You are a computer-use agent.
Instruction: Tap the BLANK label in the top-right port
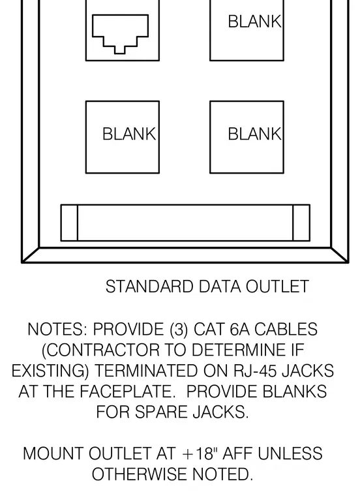[255, 22]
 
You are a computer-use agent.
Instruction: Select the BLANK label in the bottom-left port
[129, 134]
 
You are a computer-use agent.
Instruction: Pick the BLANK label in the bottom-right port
[255, 134]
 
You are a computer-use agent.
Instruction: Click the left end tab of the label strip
[69, 223]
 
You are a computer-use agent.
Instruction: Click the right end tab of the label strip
[301, 223]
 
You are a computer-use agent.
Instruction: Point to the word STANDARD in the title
[149, 287]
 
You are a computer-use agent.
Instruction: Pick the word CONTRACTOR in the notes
[101, 350]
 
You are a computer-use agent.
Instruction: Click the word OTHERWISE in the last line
[140, 474]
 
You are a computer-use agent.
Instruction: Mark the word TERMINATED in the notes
[146, 371]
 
